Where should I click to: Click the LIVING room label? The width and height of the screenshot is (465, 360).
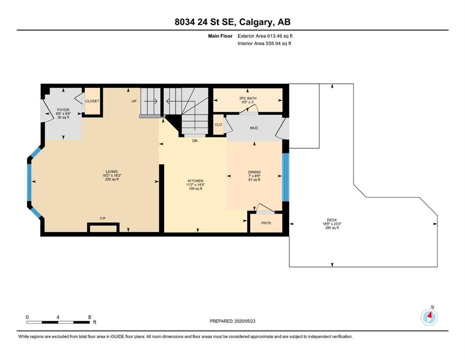tap(112, 172)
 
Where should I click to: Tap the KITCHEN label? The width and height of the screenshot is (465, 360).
tap(195, 181)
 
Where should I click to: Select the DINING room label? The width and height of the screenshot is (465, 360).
tap(254, 172)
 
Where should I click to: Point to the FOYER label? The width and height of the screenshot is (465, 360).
tap(63, 110)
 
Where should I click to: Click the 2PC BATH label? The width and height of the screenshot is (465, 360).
tap(248, 98)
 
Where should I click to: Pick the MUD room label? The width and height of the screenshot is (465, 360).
tap(254, 128)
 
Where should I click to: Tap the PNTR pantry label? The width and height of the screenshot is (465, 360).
tap(266, 223)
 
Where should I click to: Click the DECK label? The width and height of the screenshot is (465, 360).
tap(332, 220)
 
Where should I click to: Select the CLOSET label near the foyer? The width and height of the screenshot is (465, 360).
tap(92, 101)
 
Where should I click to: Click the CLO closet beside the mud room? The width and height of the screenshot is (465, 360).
tap(218, 124)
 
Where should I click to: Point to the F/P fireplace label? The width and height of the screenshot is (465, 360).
tap(103, 218)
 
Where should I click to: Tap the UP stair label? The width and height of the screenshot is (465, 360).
tap(134, 101)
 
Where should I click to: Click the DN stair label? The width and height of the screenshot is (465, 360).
tap(195, 141)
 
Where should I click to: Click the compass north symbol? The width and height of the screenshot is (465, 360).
tap(429, 317)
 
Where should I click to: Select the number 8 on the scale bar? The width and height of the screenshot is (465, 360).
tap(89, 317)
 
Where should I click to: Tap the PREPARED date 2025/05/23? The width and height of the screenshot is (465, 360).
tap(244, 321)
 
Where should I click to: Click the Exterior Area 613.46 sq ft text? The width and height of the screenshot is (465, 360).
tap(265, 36)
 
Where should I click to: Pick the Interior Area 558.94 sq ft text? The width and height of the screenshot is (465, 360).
tap(264, 43)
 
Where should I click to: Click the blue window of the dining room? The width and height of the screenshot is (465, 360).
tap(285, 177)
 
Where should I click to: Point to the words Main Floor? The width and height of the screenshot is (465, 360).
tap(220, 36)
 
